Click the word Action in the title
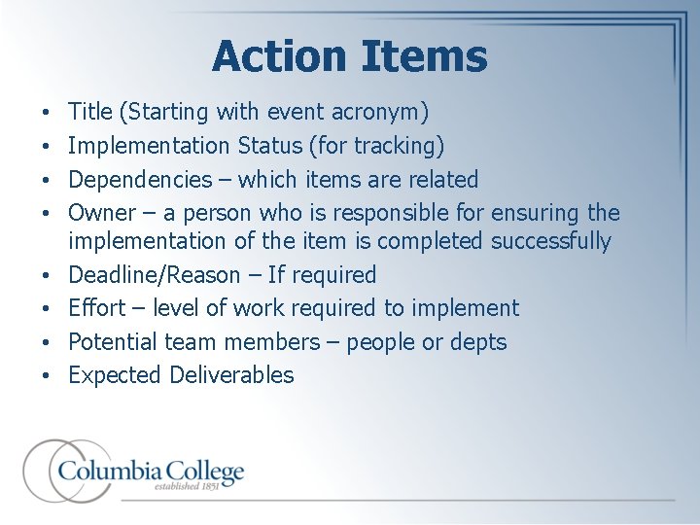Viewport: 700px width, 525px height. point(276,56)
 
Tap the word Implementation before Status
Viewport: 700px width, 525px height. point(150,146)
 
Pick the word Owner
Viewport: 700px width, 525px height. point(101,212)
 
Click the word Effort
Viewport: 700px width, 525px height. point(97,308)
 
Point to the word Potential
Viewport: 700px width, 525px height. point(117,342)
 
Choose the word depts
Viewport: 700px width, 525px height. point(475,342)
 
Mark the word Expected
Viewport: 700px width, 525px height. point(116,375)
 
